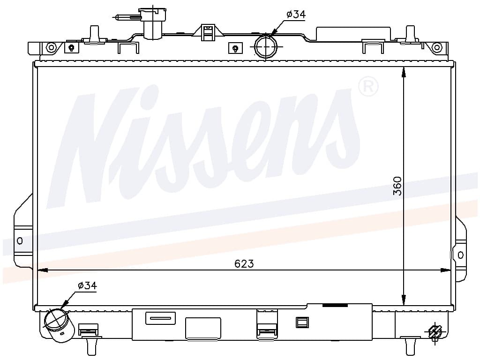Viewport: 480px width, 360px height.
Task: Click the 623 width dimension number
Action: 244,263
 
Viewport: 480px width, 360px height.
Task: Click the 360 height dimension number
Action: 397,186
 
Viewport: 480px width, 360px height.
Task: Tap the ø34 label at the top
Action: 296,14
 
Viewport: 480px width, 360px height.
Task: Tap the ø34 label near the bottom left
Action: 87,285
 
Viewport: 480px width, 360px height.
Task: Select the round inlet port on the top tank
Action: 265,47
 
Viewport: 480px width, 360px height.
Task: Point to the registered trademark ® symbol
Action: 368,87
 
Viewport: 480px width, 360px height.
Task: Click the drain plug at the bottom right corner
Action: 435,332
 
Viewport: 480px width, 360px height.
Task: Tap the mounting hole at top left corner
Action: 51,47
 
